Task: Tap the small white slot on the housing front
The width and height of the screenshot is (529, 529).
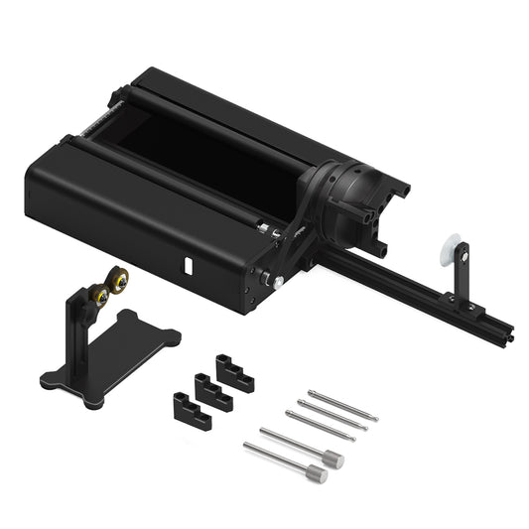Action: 188,266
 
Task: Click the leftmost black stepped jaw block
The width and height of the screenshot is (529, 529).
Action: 192,410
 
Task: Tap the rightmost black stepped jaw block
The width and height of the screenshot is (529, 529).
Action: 235,373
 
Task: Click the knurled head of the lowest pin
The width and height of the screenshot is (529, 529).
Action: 316,475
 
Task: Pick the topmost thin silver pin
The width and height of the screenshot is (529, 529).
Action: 342,405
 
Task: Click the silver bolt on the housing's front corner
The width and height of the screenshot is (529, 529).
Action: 278,282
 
